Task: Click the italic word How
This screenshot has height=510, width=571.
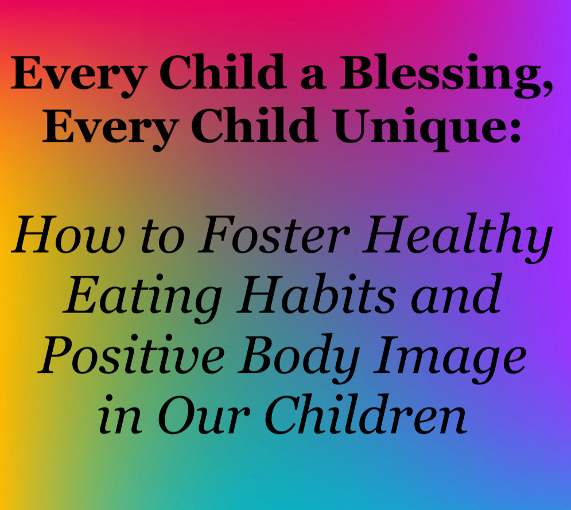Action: [x=68, y=234]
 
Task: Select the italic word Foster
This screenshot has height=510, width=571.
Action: [x=273, y=234]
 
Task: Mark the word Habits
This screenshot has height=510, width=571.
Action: [x=316, y=294]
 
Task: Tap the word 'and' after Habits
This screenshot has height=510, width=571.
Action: [x=457, y=294]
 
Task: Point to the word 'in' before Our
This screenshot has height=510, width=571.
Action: [x=120, y=415]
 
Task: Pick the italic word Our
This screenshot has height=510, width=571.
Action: [x=204, y=415]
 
